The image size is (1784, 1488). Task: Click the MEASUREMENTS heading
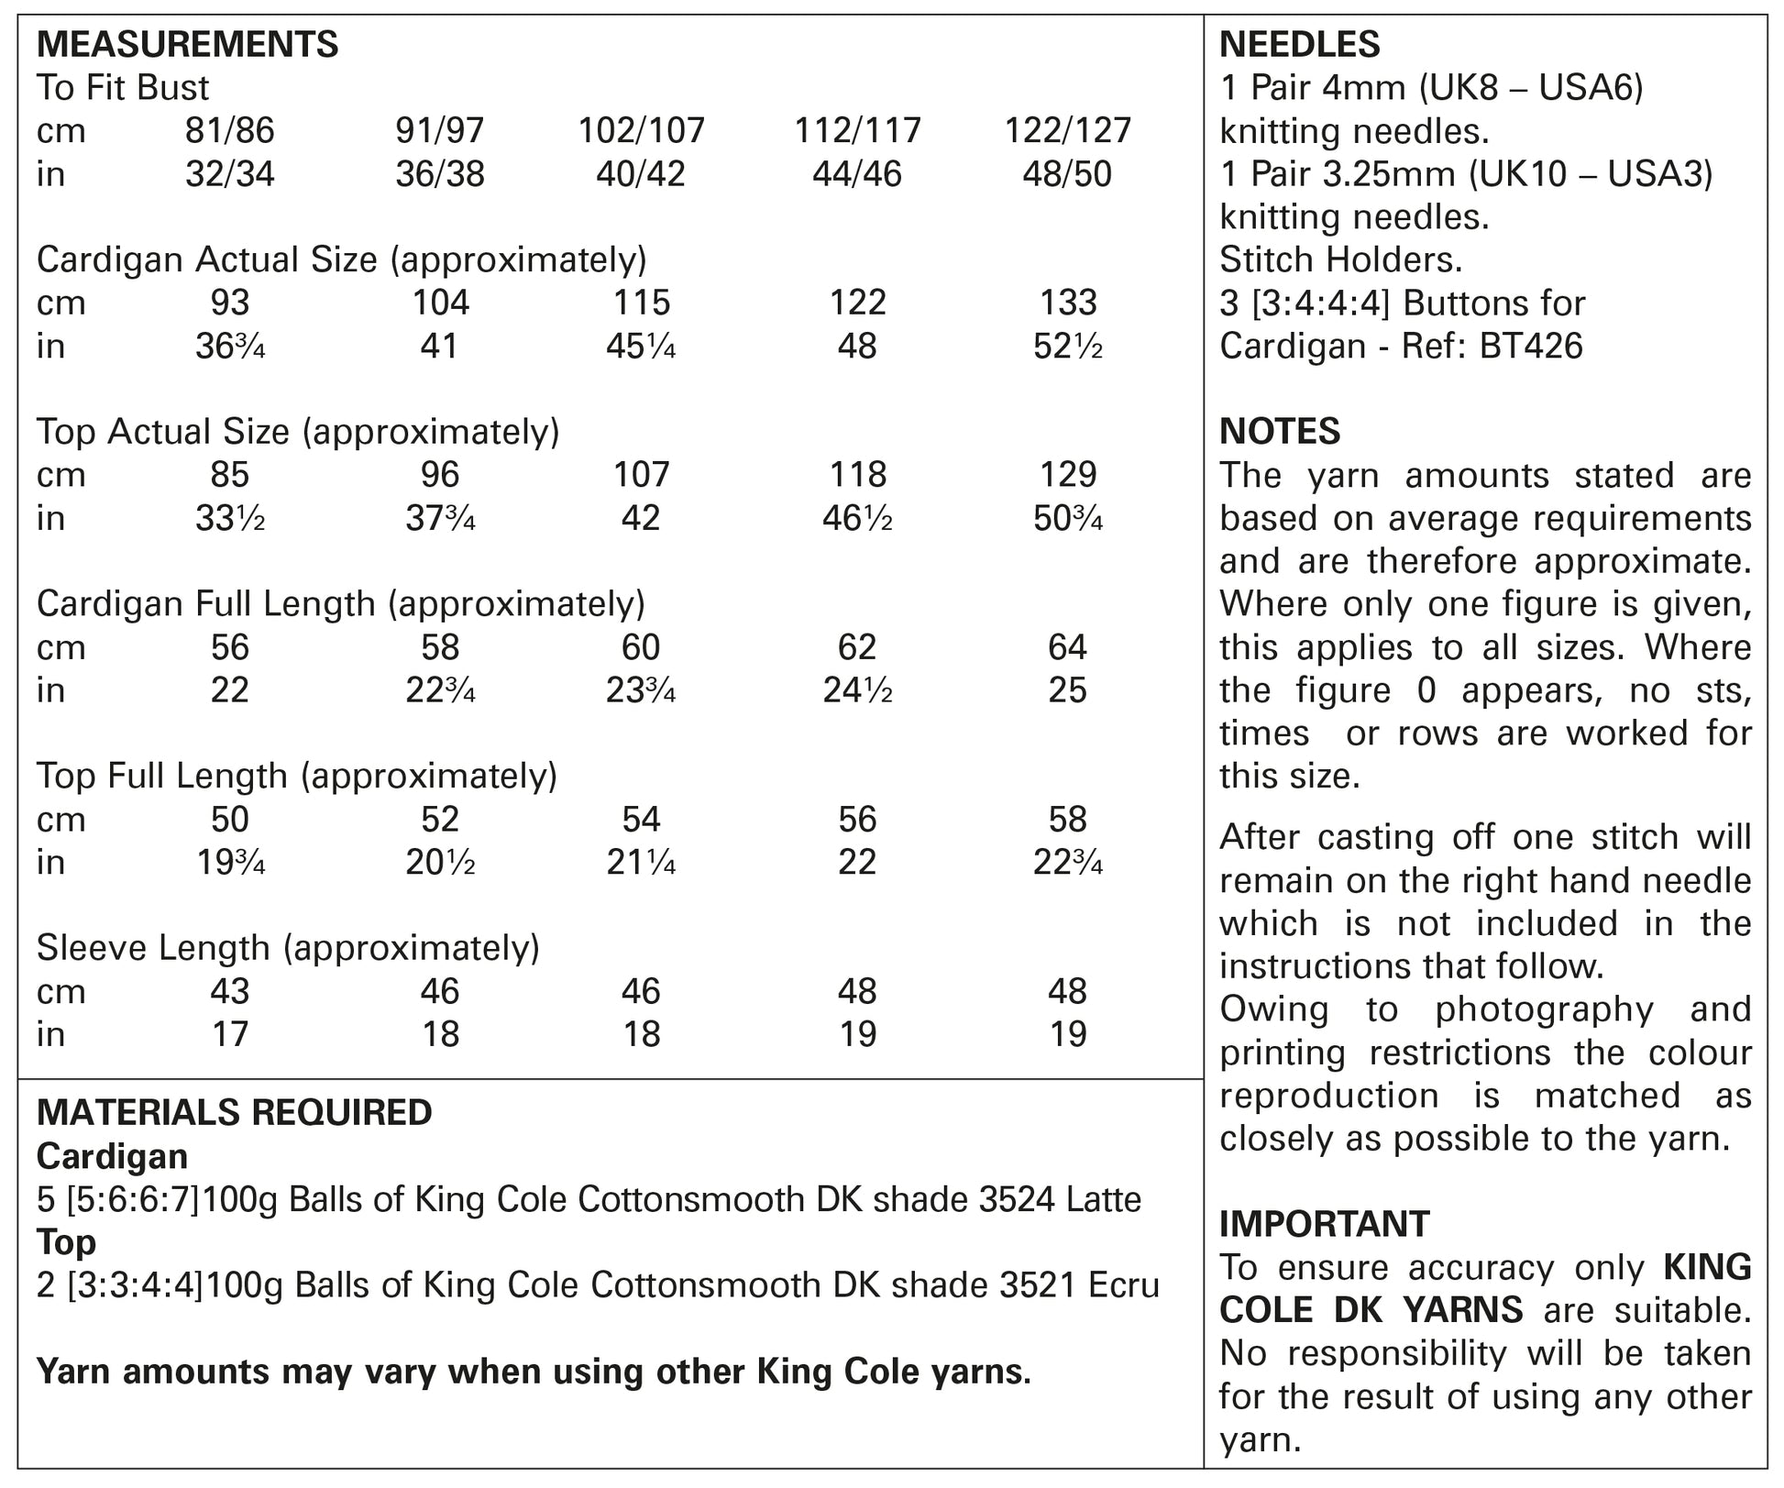tap(187, 44)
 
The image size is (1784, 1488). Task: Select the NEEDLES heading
tap(1300, 44)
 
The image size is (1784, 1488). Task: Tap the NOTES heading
tap(1280, 431)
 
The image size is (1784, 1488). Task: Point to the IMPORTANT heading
tap(1324, 1224)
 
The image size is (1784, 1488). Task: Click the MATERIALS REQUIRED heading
tap(234, 1112)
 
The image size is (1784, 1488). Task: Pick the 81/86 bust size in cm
tap(229, 130)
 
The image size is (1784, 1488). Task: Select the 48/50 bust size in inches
tap(1067, 173)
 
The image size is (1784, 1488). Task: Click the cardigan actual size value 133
tap(1069, 303)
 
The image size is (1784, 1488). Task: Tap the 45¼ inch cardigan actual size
tap(641, 346)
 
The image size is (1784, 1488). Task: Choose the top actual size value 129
tap(1069, 474)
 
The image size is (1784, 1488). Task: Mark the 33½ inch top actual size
tap(229, 518)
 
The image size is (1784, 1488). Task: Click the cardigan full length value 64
tap(1067, 647)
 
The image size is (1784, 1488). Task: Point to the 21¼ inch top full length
tap(641, 863)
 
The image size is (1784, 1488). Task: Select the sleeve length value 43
tap(229, 991)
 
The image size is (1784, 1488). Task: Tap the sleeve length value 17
tap(229, 1034)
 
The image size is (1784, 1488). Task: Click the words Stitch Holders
tap(1341, 259)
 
